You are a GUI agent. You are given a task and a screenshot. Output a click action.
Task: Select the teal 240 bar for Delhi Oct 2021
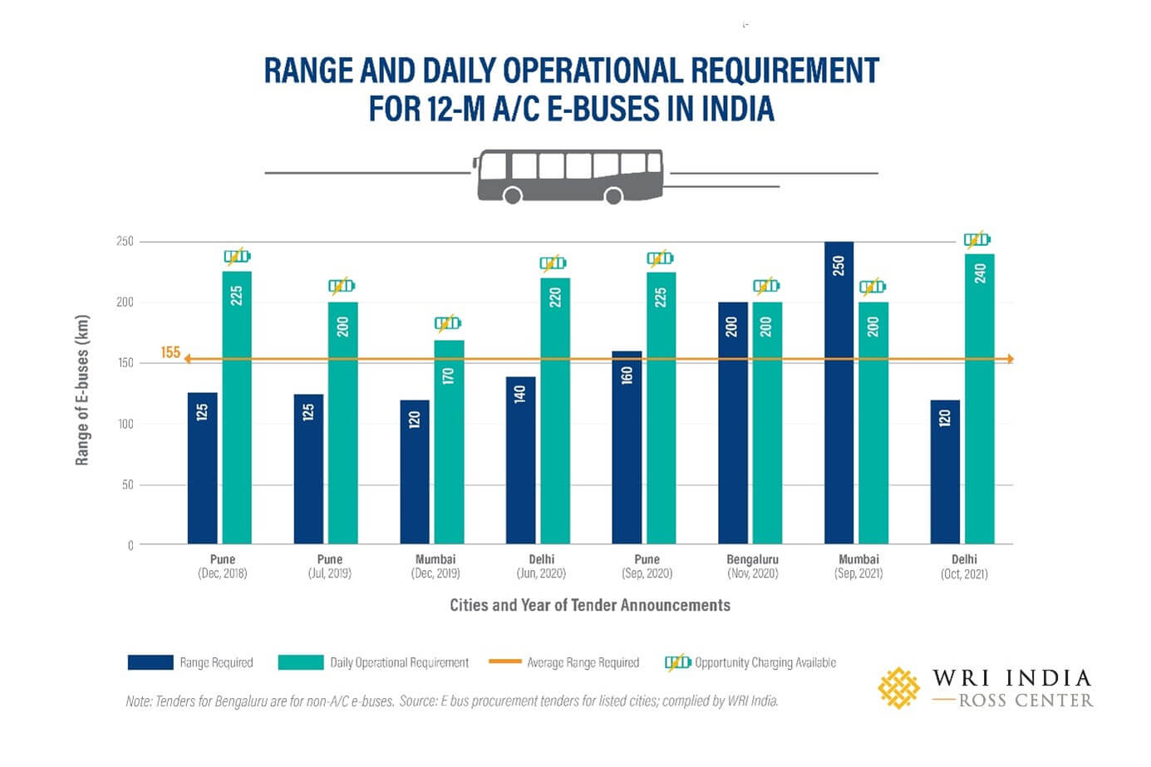tap(980, 399)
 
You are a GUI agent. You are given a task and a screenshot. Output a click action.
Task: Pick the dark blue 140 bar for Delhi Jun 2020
tap(520, 460)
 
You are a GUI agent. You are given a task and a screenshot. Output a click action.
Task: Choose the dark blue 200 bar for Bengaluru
tap(732, 423)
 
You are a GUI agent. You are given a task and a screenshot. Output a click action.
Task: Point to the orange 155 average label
tap(170, 352)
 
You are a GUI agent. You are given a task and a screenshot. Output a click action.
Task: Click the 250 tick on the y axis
tap(125, 242)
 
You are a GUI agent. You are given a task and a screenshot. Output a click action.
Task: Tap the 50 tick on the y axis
tap(127, 484)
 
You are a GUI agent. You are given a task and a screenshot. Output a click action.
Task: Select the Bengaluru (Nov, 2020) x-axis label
tap(752, 566)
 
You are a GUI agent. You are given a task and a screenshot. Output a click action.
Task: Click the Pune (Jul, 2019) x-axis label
tap(329, 566)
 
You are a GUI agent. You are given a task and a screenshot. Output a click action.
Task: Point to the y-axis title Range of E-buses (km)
tap(81, 390)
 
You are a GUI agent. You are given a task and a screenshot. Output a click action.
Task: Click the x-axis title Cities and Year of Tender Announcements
tap(590, 605)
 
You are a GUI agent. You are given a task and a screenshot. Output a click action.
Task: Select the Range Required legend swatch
tap(150, 662)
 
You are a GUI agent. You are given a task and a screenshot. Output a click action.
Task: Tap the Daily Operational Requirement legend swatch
tap(301, 662)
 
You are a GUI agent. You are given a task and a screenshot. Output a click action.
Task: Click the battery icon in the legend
tap(677, 662)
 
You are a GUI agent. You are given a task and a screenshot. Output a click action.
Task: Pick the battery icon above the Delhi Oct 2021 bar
tap(976, 239)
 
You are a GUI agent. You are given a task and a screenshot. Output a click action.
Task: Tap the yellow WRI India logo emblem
tap(899, 688)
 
